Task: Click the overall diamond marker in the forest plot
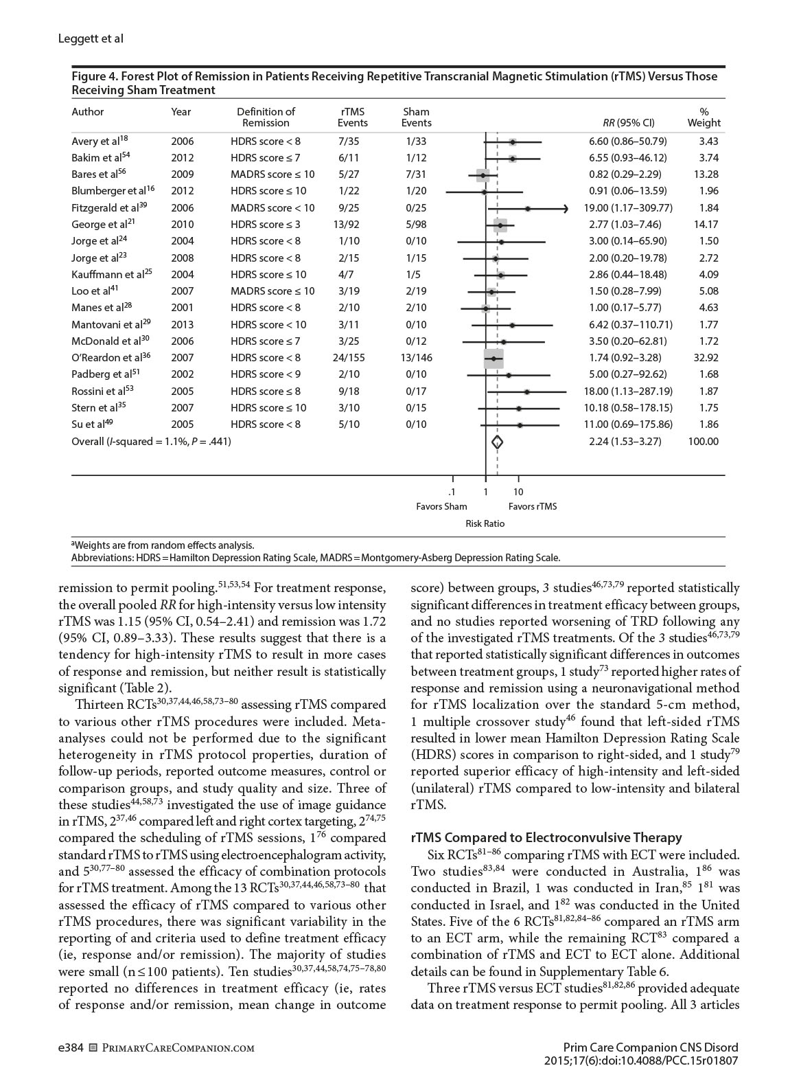pos(498,442)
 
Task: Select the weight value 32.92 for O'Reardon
pos(703,358)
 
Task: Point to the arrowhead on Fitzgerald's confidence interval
pos(565,208)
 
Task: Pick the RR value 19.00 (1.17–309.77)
pos(630,208)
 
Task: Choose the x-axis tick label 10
pos(518,492)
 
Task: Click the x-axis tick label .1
pos(452,492)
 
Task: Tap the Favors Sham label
pos(441,507)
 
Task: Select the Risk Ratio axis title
pos(485,523)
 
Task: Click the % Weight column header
pos(704,117)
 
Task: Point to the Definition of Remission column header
pos(266,117)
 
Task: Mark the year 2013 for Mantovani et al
pos(183,325)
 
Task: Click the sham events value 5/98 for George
pos(416,225)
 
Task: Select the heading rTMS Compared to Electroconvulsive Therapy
pos(546,837)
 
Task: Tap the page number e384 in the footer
pos(71,1048)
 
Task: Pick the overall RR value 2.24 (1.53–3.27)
pos(625,442)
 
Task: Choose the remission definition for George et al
pos(265,225)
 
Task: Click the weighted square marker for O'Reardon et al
pos(494,359)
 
